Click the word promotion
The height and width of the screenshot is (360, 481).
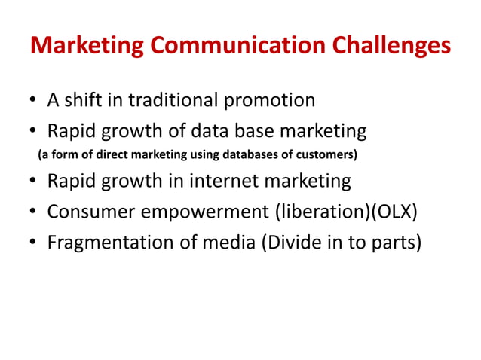click(274, 101)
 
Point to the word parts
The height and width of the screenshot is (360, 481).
click(388, 246)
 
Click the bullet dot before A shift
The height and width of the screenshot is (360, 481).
click(34, 101)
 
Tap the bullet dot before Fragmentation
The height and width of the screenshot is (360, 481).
click(34, 246)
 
